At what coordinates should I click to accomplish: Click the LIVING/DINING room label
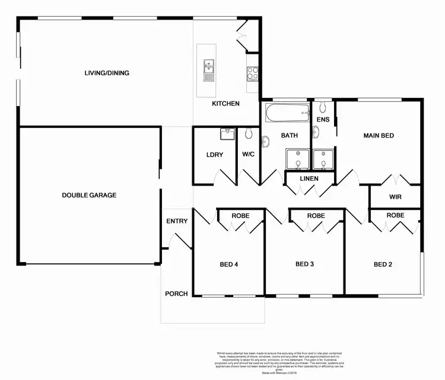coord(106,74)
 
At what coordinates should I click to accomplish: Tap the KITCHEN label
coord(226,104)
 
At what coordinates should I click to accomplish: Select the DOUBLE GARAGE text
coord(90,195)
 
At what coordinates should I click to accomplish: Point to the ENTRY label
coord(177,221)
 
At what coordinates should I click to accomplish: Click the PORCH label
coord(177,293)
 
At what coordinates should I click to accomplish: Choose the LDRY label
coord(214,155)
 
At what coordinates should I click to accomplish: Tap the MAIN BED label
coord(379,136)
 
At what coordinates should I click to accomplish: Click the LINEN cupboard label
coord(309,178)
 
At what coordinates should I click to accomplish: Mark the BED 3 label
coord(304,264)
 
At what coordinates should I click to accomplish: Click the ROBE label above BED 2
coord(395,215)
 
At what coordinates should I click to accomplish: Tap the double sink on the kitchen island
coord(209,69)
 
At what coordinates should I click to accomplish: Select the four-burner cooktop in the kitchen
coord(252,73)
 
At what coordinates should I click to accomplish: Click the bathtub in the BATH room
coord(288,111)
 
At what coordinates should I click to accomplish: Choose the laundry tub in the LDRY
coord(226,135)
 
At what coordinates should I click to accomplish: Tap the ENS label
coord(323,120)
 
